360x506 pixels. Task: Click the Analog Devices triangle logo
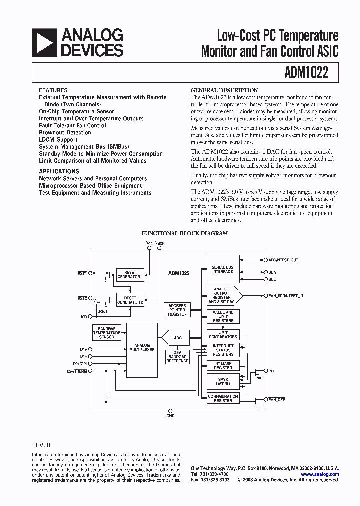pos(44,42)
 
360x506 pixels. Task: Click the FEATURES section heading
pos(53,90)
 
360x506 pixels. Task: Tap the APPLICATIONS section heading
pos(59,171)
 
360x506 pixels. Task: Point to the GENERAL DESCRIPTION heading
pos(224,90)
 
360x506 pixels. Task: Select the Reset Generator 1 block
pos(130,275)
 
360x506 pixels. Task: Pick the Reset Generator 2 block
pos(130,300)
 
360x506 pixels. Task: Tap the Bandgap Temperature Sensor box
pos(106,332)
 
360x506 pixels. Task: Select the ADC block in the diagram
pos(178,338)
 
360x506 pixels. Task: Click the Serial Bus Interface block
pos(223,269)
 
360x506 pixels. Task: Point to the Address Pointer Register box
pos(177,310)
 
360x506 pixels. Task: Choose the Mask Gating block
pos(223,381)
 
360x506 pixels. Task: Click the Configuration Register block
pos(223,398)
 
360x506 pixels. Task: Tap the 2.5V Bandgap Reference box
pos(178,357)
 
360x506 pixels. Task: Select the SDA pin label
pos(272,272)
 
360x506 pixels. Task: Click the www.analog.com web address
pos(320,474)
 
